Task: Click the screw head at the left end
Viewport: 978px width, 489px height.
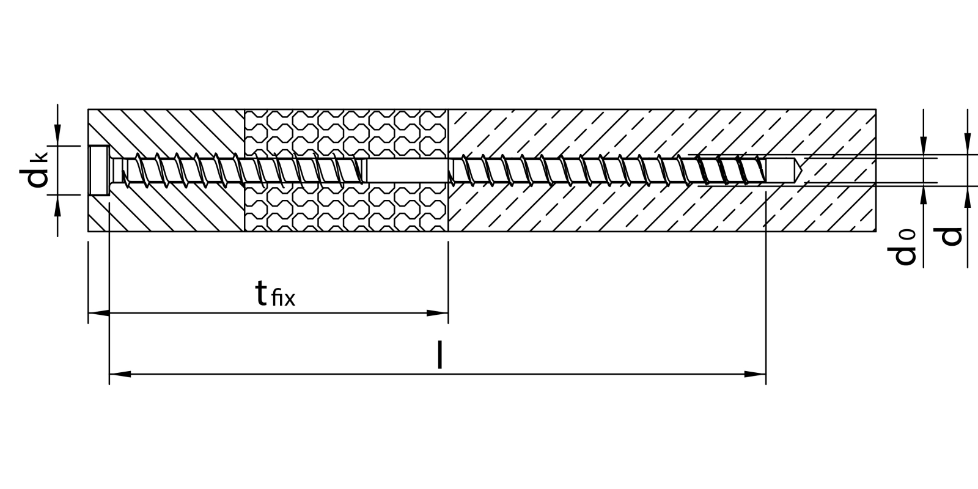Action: pyautogui.click(x=98, y=171)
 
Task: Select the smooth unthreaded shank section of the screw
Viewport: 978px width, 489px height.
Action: pyautogui.click(x=406, y=171)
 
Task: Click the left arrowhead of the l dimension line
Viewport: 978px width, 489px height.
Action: pyautogui.click(x=120, y=374)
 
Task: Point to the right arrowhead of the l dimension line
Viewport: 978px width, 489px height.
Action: pyautogui.click(x=756, y=374)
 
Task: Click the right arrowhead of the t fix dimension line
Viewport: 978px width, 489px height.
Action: pyautogui.click(x=438, y=314)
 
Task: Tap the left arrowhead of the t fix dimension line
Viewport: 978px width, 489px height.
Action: pyautogui.click(x=99, y=314)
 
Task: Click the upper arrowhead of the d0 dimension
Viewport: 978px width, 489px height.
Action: pyautogui.click(x=923, y=145)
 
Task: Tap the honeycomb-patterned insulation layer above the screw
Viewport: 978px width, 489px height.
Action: pyautogui.click(x=345, y=131)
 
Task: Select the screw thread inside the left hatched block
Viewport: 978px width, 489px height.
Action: pyautogui.click(x=183, y=169)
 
